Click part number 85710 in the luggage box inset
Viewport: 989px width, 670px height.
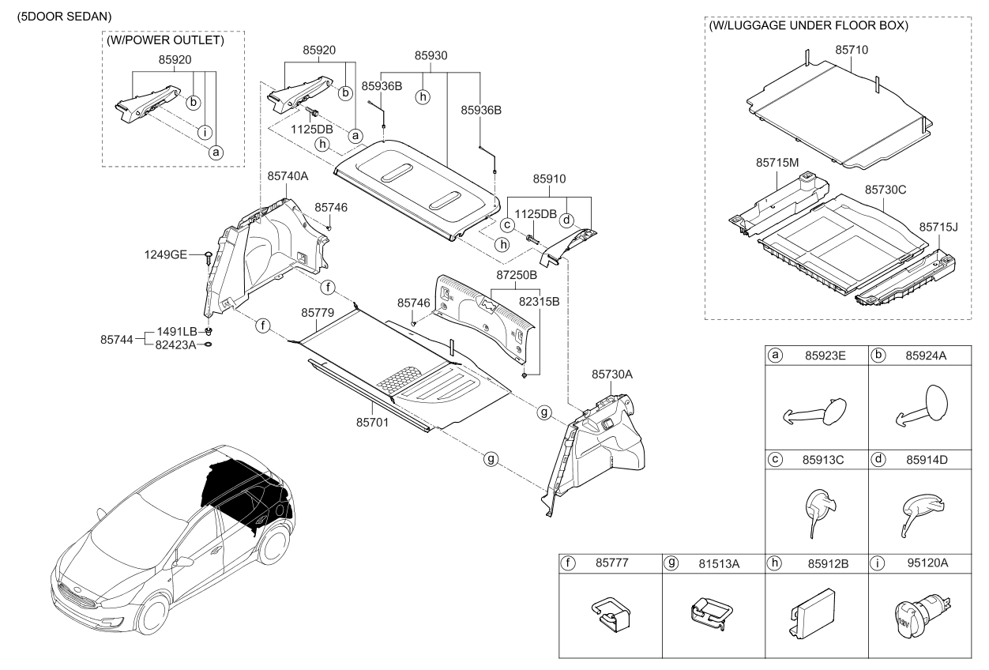[852, 50]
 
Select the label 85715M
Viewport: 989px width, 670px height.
[778, 163]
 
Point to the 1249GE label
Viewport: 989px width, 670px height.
[166, 254]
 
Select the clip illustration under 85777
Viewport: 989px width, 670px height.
[610, 614]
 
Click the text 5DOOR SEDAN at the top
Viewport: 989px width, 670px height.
[59, 16]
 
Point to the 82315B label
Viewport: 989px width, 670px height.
[540, 302]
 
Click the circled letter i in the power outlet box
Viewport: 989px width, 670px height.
[205, 132]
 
